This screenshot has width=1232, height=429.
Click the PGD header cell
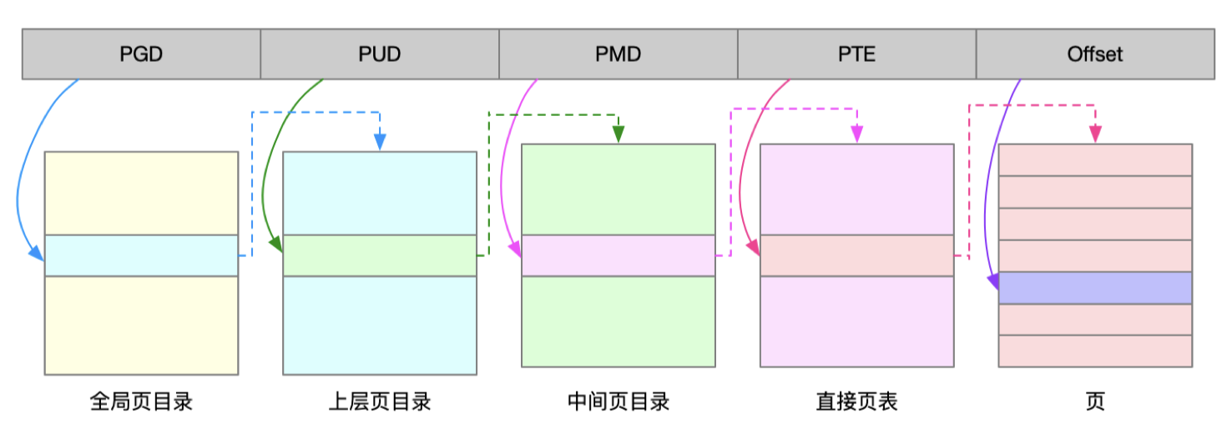pyautogui.click(x=141, y=54)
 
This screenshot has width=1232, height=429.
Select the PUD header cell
pyautogui.click(x=380, y=54)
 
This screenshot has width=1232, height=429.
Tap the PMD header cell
pyautogui.click(x=619, y=54)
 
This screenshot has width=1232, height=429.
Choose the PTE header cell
pyautogui.click(x=857, y=54)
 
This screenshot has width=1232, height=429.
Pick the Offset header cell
pyautogui.click(x=1095, y=54)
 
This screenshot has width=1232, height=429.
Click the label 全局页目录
pyautogui.click(x=141, y=402)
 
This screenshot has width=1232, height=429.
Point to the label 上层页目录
pyautogui.click(x=380, y=402)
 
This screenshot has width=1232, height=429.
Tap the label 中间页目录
pyautogui.click(x=619, y=402)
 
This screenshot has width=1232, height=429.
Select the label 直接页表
pyautogui.click(x=857, y=402)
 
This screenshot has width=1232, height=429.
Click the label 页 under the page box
pyautogui.click(x=1095, y=402)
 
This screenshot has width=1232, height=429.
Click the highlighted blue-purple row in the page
pyautogui.click(x=1095, y=288)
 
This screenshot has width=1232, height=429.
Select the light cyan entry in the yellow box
pyautogui.click(x=141, y=255)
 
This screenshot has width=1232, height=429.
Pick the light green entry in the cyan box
pyautogui.click(x=380, y=255)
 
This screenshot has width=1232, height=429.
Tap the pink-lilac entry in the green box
pyautogui.click(x=619, y=255)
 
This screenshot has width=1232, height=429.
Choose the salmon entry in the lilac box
pyautogui.click(x=857, y=255)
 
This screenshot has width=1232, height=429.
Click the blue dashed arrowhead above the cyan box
pyautogui.click(x=380, y=144)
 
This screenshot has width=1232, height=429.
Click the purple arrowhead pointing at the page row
pyautogui.click(x=993, y=283)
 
